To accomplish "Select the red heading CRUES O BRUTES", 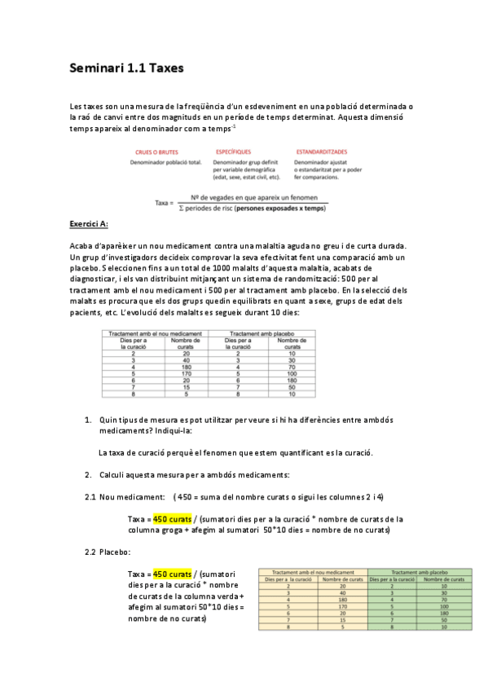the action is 152,152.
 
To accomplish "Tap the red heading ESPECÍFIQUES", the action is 234,152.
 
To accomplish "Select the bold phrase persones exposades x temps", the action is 281,209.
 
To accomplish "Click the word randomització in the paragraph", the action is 323,279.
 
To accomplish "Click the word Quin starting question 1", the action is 108,420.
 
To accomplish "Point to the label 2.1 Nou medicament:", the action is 125,496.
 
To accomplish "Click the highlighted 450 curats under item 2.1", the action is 172,518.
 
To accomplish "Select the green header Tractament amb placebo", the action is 415,572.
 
